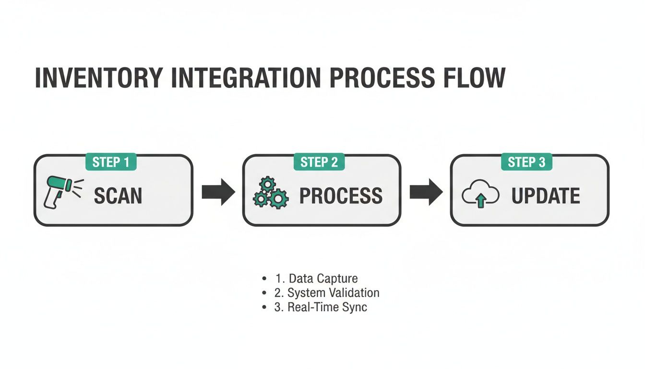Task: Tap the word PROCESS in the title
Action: point(380,78)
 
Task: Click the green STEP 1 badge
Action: point(111,162)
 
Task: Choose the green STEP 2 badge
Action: point(319,162)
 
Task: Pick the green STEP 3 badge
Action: point(526,162)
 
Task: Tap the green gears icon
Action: point(271,193)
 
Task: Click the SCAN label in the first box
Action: point(118,196)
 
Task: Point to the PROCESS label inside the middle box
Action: point(341,196)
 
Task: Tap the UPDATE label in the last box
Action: point(546,196)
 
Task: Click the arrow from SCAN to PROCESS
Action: point(218,192)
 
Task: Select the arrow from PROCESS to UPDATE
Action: point(426,192)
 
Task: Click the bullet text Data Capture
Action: point(322,279)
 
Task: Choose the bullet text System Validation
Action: point(333,293)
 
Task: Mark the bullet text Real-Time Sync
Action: point(327,307)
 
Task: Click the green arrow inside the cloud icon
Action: point(480,201)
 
